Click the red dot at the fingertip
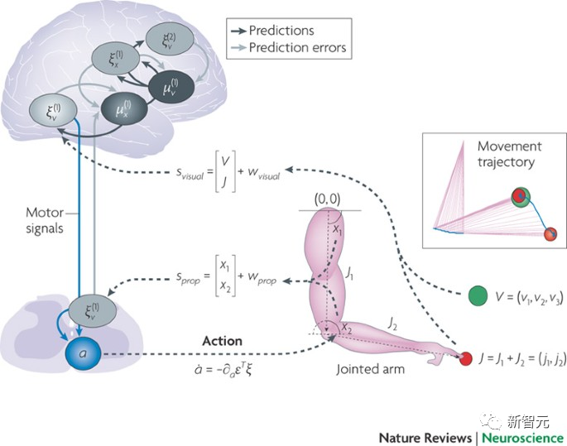465,358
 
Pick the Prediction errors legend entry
296,49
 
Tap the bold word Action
222,340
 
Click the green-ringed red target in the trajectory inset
520,197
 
